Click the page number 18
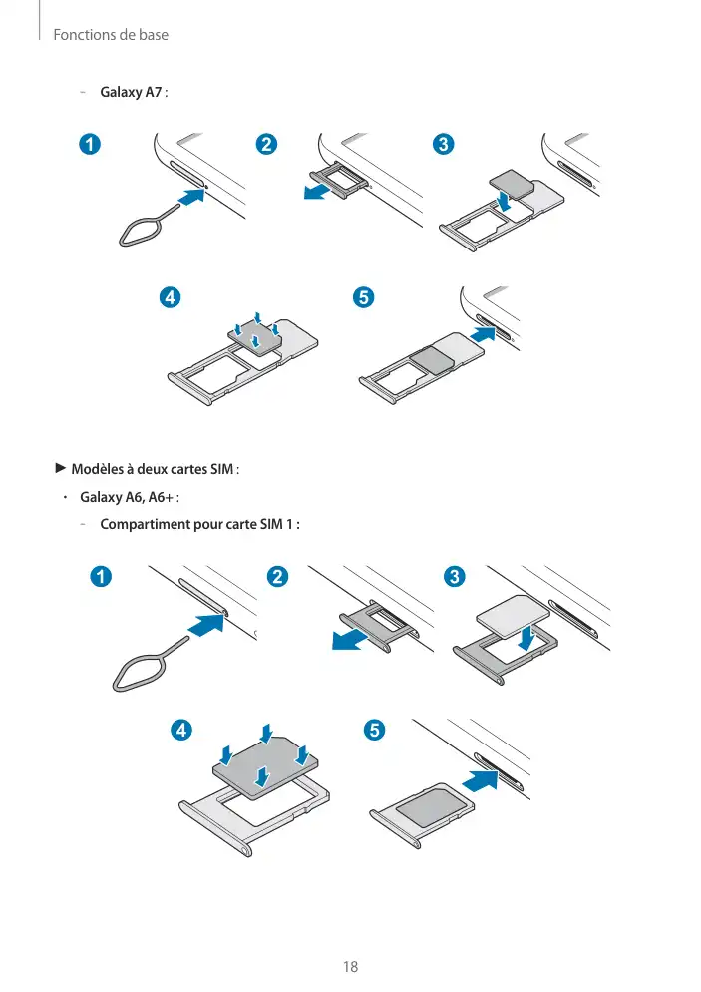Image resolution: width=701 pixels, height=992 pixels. pos(349,966)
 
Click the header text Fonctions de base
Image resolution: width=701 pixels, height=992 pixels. pos(111,35)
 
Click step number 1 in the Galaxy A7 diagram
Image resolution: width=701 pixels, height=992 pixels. pos(91,144)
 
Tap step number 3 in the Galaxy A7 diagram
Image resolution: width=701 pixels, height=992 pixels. pos(443,144)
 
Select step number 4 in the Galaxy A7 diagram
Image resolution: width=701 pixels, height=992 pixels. pos(172,298)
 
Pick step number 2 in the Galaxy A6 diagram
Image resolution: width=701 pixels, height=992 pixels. pos(278,577)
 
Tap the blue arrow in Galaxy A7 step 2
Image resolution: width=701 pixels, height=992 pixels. pos(318,190)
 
